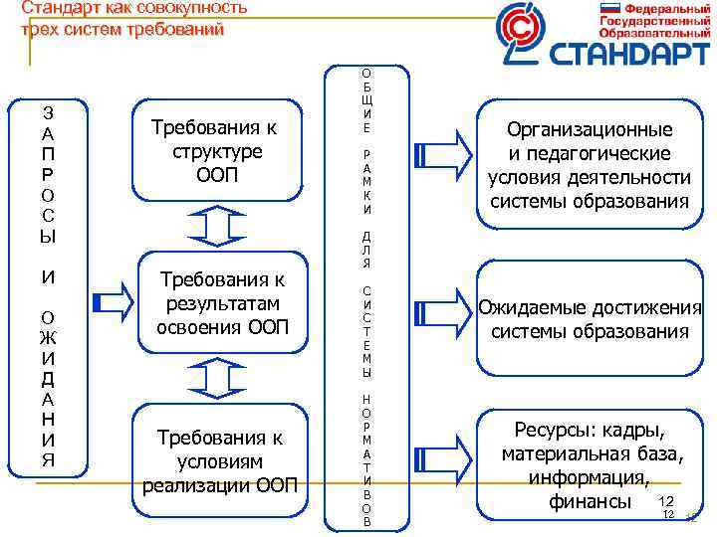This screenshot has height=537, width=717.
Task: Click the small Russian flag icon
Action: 609,8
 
